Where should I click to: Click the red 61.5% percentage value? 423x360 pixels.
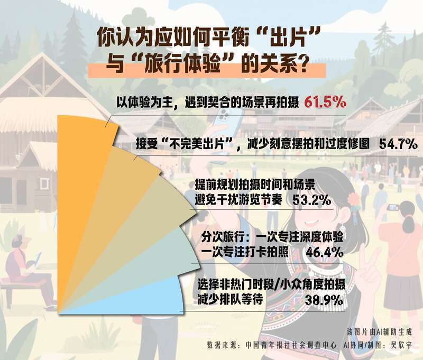click(325, 102)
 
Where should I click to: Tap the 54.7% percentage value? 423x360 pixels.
click(398, 144)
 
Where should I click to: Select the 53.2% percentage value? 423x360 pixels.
click(311, 200)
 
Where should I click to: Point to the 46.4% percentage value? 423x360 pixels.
click(324, 253)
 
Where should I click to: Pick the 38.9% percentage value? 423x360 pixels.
click(324, 300)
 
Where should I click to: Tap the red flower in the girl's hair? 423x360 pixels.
click(353, 199)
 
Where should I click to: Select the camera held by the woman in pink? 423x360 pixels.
click(393, 207)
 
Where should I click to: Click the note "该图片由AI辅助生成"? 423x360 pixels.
click(379, 332)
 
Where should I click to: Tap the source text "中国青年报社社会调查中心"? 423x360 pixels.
click(291, 345)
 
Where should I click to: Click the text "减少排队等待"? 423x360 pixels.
click(230, 299)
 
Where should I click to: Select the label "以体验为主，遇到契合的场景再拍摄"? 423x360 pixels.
click(208, 102)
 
